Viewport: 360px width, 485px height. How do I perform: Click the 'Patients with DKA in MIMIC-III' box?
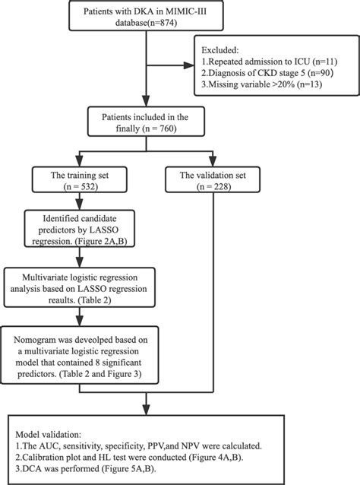point(146,15)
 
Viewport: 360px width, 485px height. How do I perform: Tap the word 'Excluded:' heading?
point(220,50)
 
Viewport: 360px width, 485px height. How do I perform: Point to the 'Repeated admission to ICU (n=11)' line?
point(269,62)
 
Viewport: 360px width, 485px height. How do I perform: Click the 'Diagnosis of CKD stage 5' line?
point(267,73)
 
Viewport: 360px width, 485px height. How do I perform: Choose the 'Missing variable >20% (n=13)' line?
point(262,84)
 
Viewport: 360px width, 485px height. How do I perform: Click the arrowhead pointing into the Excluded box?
point(189,65)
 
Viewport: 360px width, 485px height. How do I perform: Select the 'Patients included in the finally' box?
point(146,122)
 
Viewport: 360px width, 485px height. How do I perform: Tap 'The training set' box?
point(80,179)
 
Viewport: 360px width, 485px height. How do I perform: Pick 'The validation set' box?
point(213,179)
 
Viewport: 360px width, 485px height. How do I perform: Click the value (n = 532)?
point(81,186)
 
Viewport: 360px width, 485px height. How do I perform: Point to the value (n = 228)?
point(213,186)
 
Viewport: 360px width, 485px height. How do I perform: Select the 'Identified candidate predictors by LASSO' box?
point(80,228)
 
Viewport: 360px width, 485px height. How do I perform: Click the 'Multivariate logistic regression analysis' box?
point(80,287)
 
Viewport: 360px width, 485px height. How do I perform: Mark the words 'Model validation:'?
point(48,435)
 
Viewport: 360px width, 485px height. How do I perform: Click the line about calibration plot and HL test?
point(129,457)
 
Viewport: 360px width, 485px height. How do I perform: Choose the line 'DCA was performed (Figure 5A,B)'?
point(86,468)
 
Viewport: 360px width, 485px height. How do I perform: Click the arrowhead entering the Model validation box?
point(146,410)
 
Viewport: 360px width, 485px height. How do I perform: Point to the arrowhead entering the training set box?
point(80,162)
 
